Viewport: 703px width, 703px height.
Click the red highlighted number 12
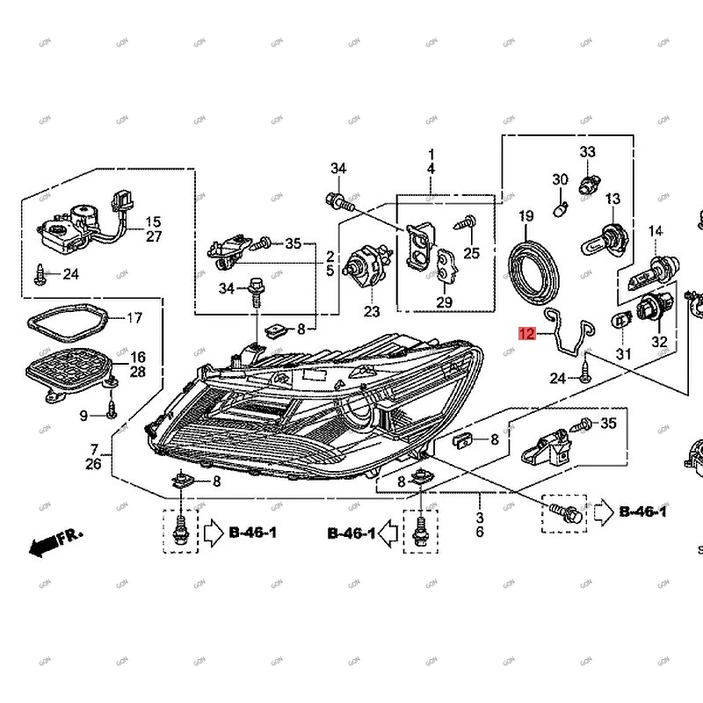[525, 333]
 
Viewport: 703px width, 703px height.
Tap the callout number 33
[587, 153]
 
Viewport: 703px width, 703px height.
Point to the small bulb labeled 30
[558, 208]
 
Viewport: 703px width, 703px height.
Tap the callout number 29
[445, 303]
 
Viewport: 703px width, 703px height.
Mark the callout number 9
[83, 415]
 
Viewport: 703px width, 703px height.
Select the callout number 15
[153, 222]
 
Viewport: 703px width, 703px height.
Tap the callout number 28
[139, 373]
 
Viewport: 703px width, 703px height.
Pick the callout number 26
[94, 464]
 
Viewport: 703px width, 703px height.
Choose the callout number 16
[139, 357]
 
